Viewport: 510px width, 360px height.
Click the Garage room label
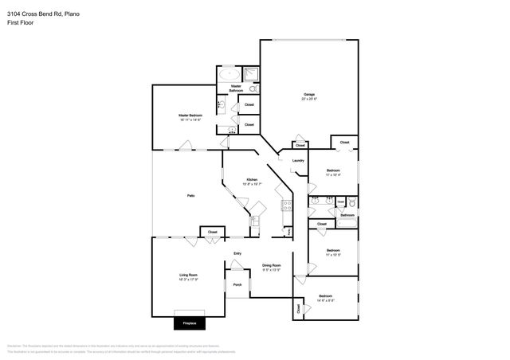click(x=308, y=96)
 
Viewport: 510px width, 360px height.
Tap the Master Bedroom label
click(x=190, y=116)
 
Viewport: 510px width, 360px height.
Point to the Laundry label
click(x=298, y=161)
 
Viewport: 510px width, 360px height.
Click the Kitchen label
click(x=252, y=180)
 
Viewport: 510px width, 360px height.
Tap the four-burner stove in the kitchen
click(x=286, y=205)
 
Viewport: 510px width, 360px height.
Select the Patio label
click(x=191, y=195)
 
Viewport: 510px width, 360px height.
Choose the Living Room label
click(x=188, y=276)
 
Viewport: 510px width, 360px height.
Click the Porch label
click(x=237, y=285)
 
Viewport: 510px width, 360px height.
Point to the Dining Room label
click(x=272, y=266)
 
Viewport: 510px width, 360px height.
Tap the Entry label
click(x=237, y=254)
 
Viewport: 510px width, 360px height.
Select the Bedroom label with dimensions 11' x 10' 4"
click(x=333, y=171)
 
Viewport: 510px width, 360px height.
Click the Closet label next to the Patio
click(x=212, y=232)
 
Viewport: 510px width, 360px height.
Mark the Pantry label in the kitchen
click(x=288, y=231)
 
